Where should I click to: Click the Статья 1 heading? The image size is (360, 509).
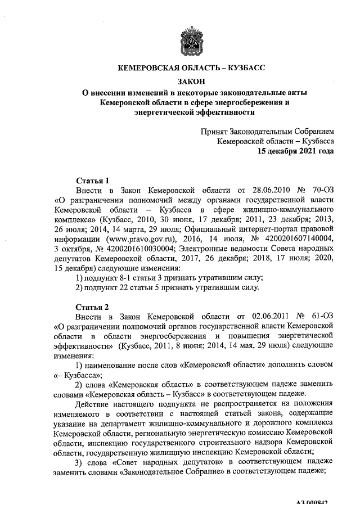pyautogui.click(x=92, y=181)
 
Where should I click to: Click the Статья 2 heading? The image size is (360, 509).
pyautogui.click(x=92, y=307)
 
